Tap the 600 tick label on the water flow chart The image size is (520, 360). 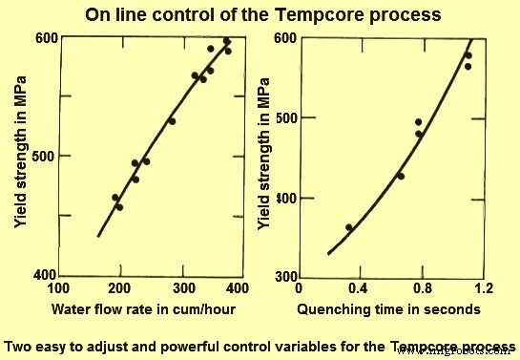(x=47, y=37)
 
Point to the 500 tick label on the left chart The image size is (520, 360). (x=47, y=156)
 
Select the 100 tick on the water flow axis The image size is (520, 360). (x=59, y=287)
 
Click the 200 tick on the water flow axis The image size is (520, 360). (x=121, y=287)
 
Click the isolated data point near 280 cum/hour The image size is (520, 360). (x=172, y=121)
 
